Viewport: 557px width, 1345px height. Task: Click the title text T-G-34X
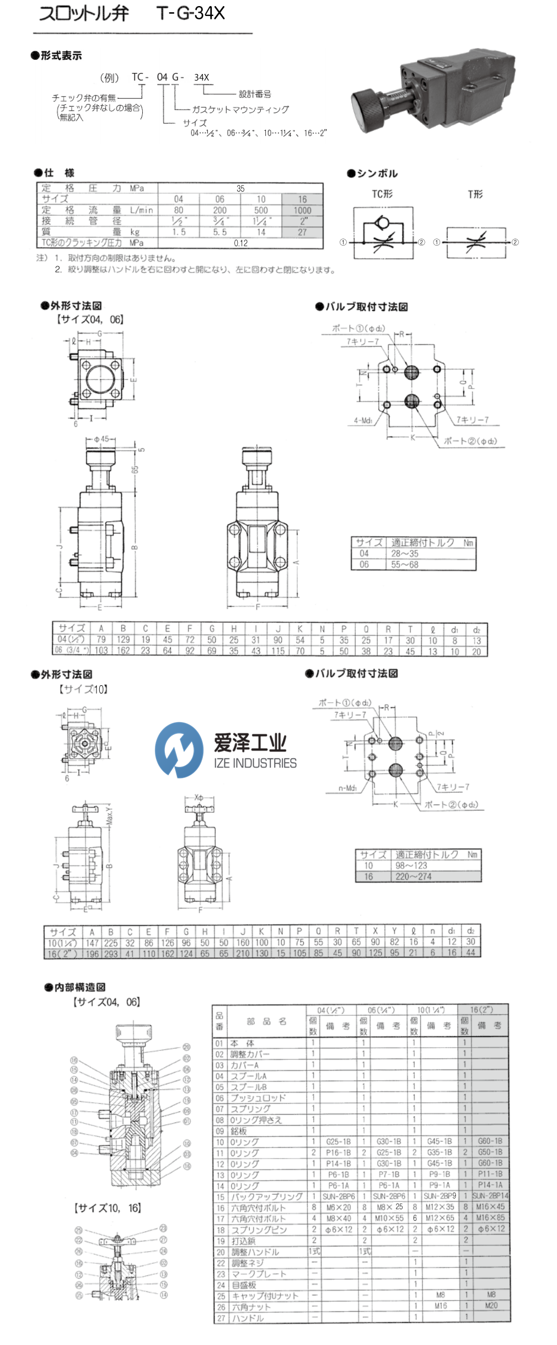190,13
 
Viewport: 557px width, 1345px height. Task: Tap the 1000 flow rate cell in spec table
302,210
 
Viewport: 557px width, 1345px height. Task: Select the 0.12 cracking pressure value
240,243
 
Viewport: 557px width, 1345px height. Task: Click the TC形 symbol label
382,194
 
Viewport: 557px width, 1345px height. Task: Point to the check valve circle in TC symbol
381,224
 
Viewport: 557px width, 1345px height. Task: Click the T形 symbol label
475,194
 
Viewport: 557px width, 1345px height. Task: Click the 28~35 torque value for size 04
405,553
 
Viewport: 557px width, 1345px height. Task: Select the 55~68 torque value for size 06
405,564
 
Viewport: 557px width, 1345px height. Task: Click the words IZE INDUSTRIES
255,763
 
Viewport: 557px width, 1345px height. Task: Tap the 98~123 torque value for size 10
411,865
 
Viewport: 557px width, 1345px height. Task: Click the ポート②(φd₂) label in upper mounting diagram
470,441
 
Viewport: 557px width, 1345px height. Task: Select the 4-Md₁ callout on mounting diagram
363,421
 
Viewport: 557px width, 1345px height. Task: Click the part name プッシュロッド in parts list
258,1098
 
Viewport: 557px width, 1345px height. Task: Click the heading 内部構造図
79,987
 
